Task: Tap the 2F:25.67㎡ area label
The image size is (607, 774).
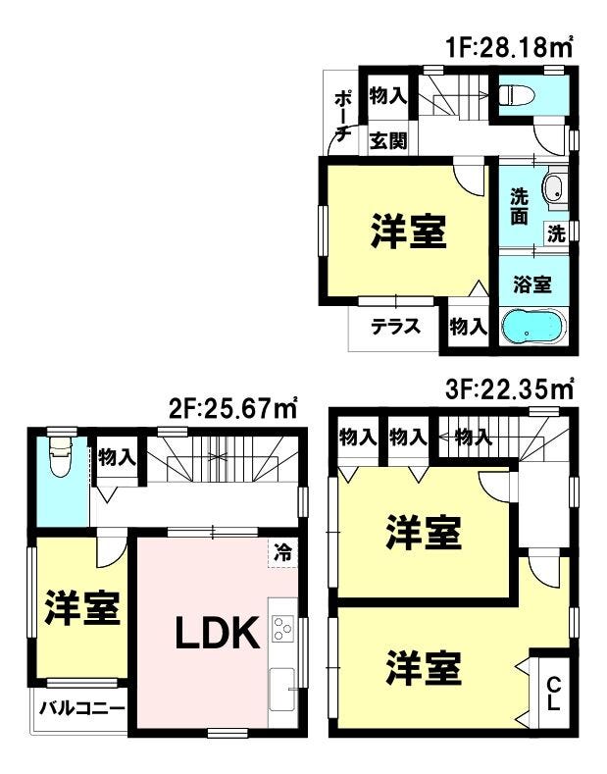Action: pyautogui.click(x=232, y=408)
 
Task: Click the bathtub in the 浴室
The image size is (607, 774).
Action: pyautogui.click(x=533, y=327)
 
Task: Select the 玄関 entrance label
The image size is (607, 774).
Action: pyautogui.click(x=388, y=141)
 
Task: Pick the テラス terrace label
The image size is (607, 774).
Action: pyautogui.click(x=396, y=327)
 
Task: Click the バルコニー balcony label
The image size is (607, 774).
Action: pyautogui.click(x=81, y=709)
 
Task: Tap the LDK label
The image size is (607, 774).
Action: pyautogui.click(x=218, y=633)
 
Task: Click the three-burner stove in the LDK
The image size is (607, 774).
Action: pyautogui.click(x=282, y=629)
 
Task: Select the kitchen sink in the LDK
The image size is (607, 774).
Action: pyautogui.click(x=281, y=690)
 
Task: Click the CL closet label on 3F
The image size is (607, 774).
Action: pyautogui.click(x=554, y=694)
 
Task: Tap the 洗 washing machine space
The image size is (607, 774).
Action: pyautogui.click(x=556, y=233)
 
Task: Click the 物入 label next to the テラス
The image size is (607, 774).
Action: pyautogui.click(x=468, y=327)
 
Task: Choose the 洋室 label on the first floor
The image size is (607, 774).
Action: pyautogui.click(x=408, y=232)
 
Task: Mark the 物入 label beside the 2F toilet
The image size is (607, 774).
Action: pyautogui.click(x=117, y=457)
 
